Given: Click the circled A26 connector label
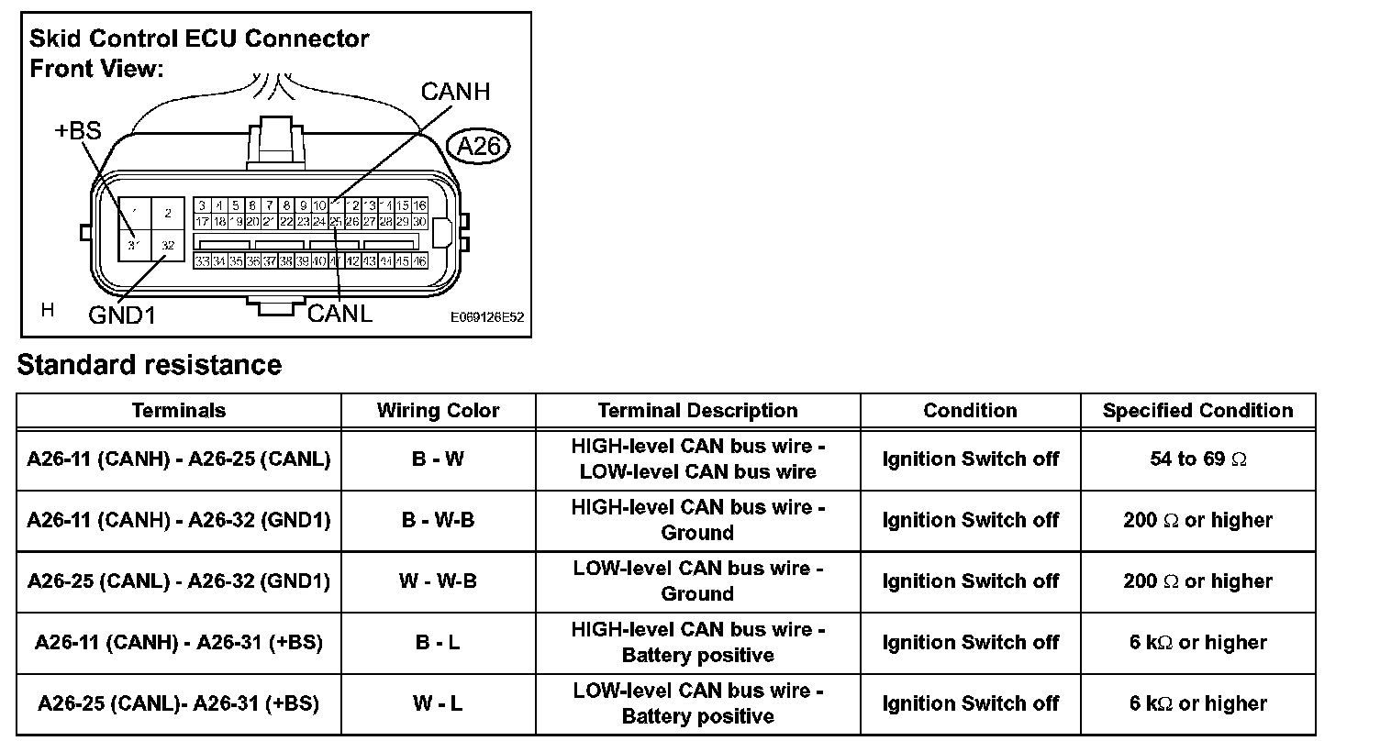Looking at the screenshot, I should (x=477, y=147).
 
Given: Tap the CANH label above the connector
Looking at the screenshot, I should (x=455, y=92).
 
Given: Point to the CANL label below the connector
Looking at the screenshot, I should (x=339, y=314).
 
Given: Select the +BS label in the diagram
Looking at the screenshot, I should (x=78, y=131).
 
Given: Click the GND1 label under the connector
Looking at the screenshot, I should (x=122, y=315).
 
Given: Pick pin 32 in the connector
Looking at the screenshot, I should (x=167, y=245).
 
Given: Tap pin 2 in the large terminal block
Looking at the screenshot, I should (x=167, y=214).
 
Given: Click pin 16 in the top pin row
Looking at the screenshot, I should (x=419, y=205).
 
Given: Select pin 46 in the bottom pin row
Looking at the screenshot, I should (x=419, y=261).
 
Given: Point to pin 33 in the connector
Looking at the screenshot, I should (x=202, y=261).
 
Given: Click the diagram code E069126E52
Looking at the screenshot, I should (x=487, y=317).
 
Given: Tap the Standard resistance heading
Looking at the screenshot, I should (x=150, y=365).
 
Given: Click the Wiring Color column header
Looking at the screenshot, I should (x=438, y=411).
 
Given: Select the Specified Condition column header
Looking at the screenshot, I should (x=1197, y=411).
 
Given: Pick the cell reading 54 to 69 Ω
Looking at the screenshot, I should (x=1197, y=459).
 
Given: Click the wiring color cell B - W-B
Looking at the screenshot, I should (x=438, y=520).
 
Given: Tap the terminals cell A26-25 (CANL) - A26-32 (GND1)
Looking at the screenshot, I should (x=179, y=581).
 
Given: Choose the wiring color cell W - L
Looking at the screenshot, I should (x=438, y=703).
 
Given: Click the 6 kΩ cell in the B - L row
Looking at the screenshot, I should (x=1197, y=642).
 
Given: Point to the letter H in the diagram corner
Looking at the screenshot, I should (x=48, y=310).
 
